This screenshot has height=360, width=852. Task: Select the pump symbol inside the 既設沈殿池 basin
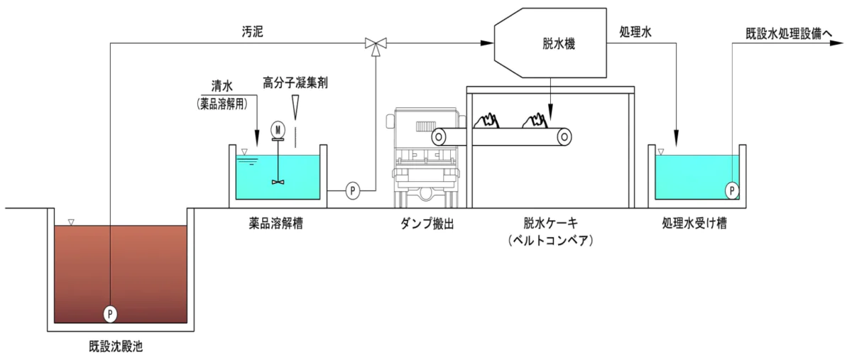pos(111,312)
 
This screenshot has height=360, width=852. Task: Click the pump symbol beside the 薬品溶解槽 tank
pos(354,190)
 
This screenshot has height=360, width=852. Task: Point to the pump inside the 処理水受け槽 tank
pos(732,190)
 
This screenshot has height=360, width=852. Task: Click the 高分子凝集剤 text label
pos(295,83)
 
